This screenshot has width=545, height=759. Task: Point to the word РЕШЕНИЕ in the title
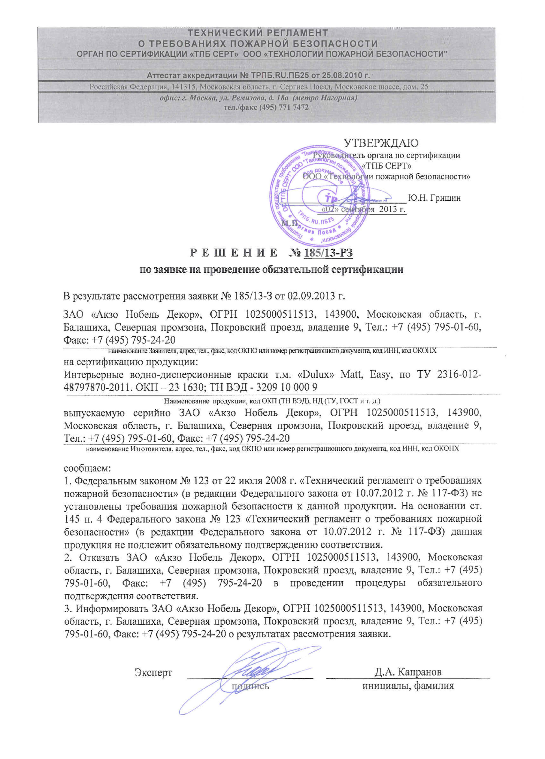(x=233, y=253)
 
